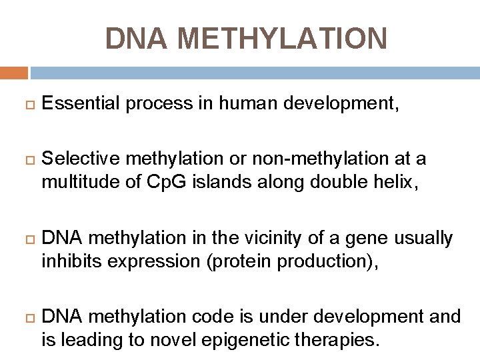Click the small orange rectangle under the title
(x=14, y=73)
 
